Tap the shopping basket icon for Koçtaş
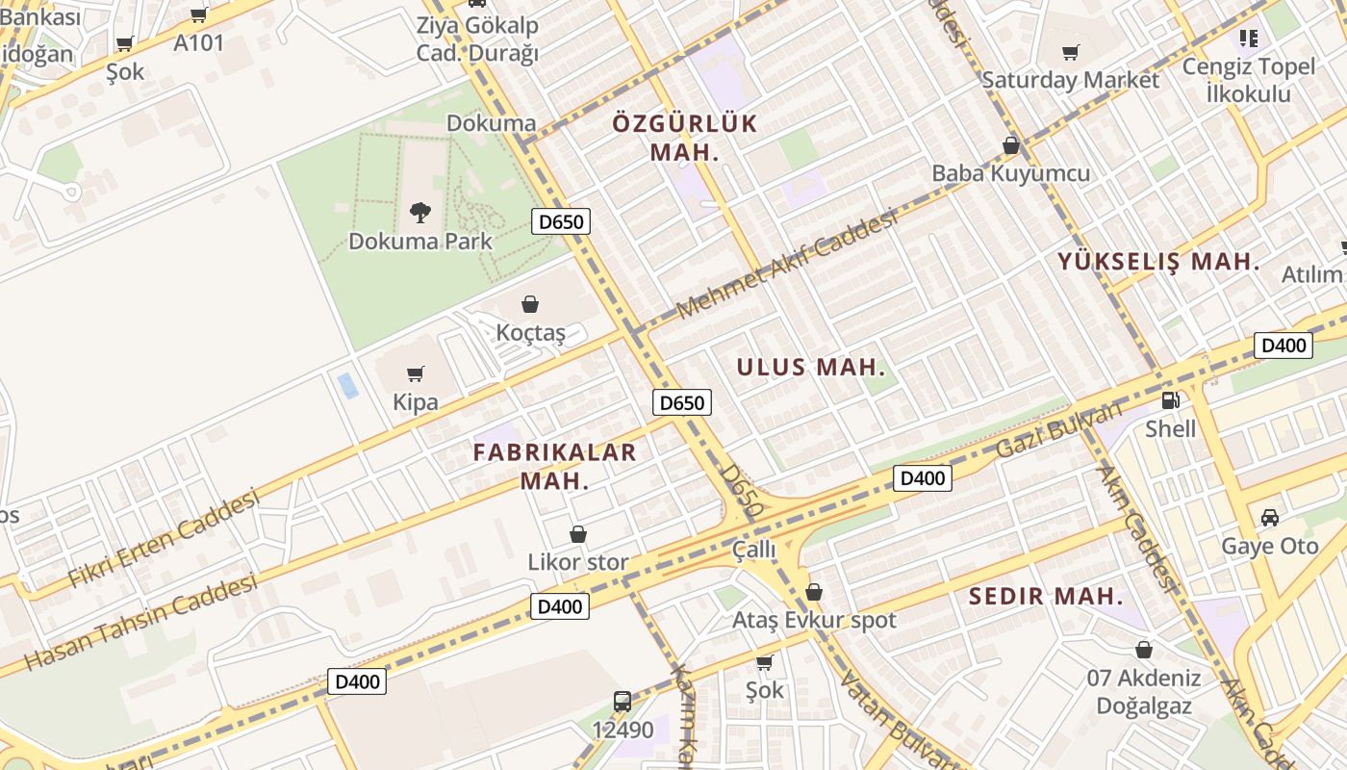(x=529, y=304)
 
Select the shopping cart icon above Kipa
(x=416, y=373)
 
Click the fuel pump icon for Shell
(x=1170, y=399)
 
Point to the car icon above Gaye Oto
(x=1269, y=517)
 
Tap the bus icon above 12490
(x=623, y=701)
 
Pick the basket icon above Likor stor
(x=578, y=533)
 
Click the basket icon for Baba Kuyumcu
(x=1010, y=145)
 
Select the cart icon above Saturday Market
(x=1070, y=52)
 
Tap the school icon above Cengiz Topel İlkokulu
(x=1249, y=38)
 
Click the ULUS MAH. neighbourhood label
(x=810, y=367)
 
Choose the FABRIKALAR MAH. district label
(x=555, y=466)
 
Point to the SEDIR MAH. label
(x=1045, y=596)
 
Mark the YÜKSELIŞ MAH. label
(x=1158, y=261)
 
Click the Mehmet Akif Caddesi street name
(x=787, y=265)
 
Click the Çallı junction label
(x=753, y=550)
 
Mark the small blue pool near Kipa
(x=347, y=386)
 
